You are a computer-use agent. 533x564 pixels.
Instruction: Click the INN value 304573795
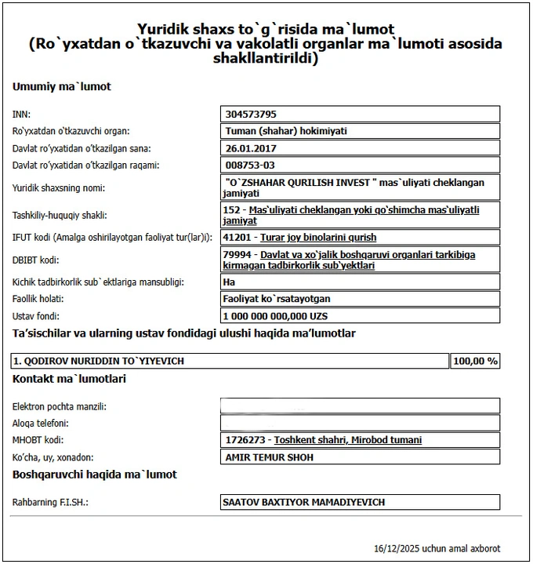coord(250,114)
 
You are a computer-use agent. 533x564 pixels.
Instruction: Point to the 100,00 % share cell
coord(475,361)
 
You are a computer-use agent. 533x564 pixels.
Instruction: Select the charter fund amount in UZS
coord(275,316)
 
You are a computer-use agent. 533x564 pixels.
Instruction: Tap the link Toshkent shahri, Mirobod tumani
coord(348,440)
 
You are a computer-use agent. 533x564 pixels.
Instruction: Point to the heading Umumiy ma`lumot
coord(62,86)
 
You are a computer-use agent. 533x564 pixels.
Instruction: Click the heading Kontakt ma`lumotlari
coord(70,379)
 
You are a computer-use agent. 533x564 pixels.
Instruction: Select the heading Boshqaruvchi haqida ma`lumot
coord(95,475)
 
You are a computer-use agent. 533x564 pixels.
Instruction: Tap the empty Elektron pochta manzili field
coord(361,406)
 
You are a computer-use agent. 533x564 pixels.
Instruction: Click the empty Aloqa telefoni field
coord(361,423)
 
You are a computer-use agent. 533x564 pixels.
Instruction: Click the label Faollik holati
coord(38,299)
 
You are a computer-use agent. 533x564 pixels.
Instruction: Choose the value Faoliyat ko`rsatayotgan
coord(277,299)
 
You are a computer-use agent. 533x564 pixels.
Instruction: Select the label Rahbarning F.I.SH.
coord(50,502)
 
